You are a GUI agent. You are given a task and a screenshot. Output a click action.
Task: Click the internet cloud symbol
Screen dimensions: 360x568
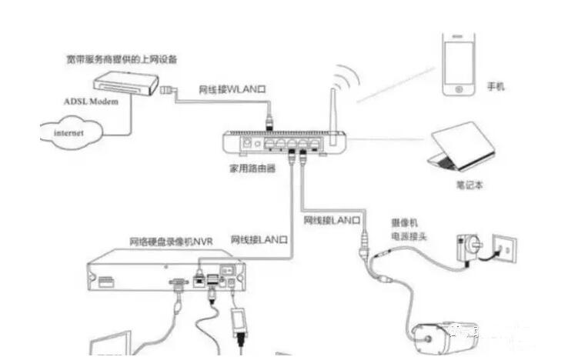point(70,132)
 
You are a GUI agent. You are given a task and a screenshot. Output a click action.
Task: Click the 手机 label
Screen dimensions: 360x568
point(495,88)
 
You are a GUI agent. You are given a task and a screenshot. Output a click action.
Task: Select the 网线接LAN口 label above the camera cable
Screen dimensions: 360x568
point(332,221)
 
